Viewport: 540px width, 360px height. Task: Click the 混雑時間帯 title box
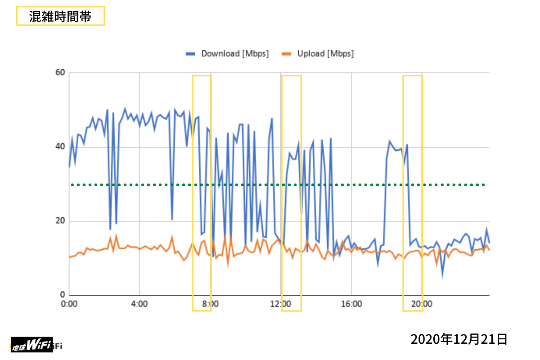click(61, 16)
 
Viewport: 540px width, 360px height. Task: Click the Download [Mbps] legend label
click(235, 54)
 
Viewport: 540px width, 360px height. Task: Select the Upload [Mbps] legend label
click(325, 54)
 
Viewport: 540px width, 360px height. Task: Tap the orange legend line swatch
click(287, 54)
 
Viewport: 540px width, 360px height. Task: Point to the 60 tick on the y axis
click(60, 72)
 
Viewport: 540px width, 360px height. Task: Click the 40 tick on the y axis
click(60, 147)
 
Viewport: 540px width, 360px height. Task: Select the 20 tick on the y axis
click(60, 221)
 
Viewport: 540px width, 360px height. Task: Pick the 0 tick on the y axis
click(63, 295)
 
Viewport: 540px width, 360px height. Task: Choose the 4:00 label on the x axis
click(139, 304)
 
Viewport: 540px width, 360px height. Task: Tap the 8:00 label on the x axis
click(210, 304)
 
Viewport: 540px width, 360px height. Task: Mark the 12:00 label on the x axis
click(280, 304)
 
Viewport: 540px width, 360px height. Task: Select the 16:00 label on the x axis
click(351, 304)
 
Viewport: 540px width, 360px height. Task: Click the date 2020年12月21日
click(459, 339)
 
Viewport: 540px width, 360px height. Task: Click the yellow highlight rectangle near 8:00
click(202, 193)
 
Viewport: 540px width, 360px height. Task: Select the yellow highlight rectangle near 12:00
click(291, 193)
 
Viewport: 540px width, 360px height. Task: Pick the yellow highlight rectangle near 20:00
click(413, 193)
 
